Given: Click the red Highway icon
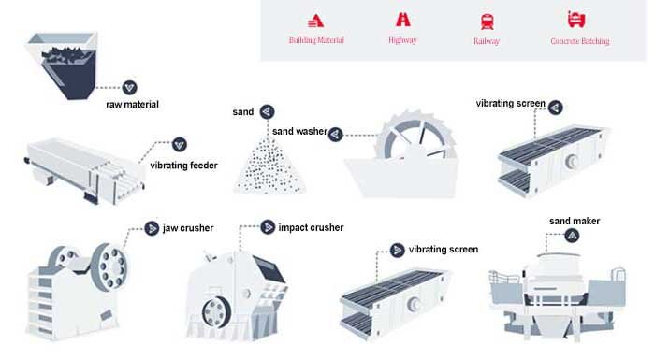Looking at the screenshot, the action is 403,20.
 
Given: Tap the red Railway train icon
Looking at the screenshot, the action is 488,22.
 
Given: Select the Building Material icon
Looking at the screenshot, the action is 315,21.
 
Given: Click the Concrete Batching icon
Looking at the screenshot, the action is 576,20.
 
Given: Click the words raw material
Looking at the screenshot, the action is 133,105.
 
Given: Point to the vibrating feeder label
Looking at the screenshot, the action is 183,166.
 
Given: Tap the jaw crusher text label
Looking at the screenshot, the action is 188,228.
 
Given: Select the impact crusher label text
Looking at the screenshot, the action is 311,227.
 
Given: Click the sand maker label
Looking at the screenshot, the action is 575,221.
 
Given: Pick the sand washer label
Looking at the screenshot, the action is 299,131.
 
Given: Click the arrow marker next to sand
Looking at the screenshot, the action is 267,111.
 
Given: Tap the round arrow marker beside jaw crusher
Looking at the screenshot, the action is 152,228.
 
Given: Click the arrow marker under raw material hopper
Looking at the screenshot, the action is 129,88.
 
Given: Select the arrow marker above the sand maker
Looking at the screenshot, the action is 572,236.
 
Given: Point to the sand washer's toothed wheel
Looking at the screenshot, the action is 415,135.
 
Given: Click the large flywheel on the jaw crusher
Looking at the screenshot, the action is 109,266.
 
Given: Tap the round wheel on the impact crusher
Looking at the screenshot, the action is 216,312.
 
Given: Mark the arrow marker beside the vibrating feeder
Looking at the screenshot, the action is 180,145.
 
